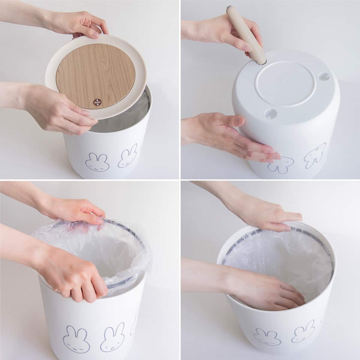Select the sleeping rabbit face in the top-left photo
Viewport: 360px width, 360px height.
94,161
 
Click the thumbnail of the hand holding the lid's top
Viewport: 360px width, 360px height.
95,35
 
